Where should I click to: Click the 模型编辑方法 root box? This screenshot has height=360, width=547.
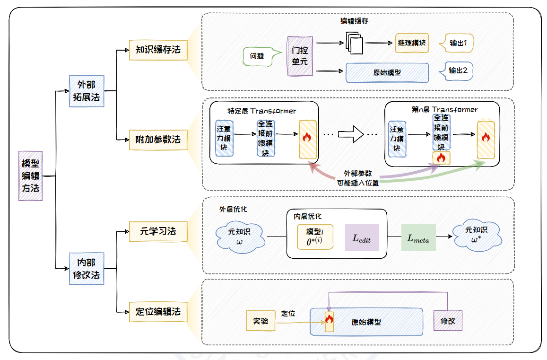31,176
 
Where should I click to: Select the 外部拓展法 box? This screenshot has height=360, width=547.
86,91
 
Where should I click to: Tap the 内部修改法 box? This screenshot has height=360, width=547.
86,269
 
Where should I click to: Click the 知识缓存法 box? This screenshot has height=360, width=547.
158,49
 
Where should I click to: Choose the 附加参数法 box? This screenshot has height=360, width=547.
158,140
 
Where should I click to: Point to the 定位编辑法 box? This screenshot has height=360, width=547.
158,312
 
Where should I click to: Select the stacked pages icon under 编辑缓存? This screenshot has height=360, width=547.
354,43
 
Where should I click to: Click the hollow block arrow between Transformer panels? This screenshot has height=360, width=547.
352,134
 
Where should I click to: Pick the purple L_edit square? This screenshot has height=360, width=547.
362,238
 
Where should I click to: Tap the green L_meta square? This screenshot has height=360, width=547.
418,238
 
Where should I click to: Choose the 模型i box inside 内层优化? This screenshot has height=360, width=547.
315,236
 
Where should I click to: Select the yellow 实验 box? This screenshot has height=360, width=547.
260,321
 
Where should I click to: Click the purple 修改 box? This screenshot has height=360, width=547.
448,321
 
